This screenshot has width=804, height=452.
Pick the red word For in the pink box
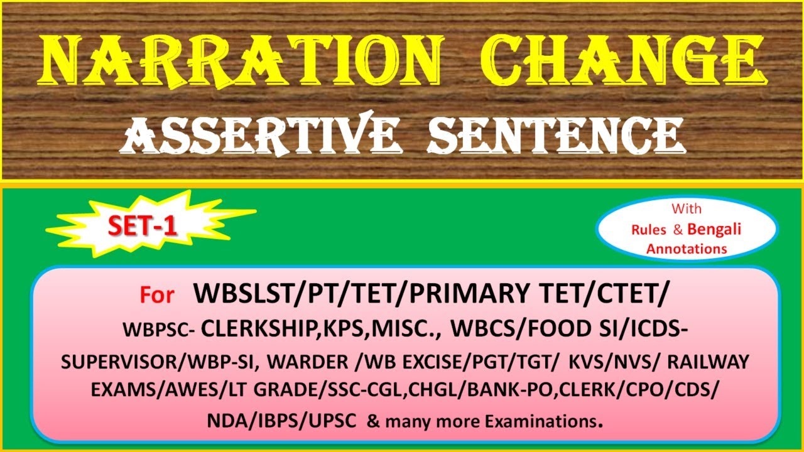point(157,296)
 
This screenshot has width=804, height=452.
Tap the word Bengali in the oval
point(714,229)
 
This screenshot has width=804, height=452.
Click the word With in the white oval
point(687,208)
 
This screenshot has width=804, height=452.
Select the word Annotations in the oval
point(687,249)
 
